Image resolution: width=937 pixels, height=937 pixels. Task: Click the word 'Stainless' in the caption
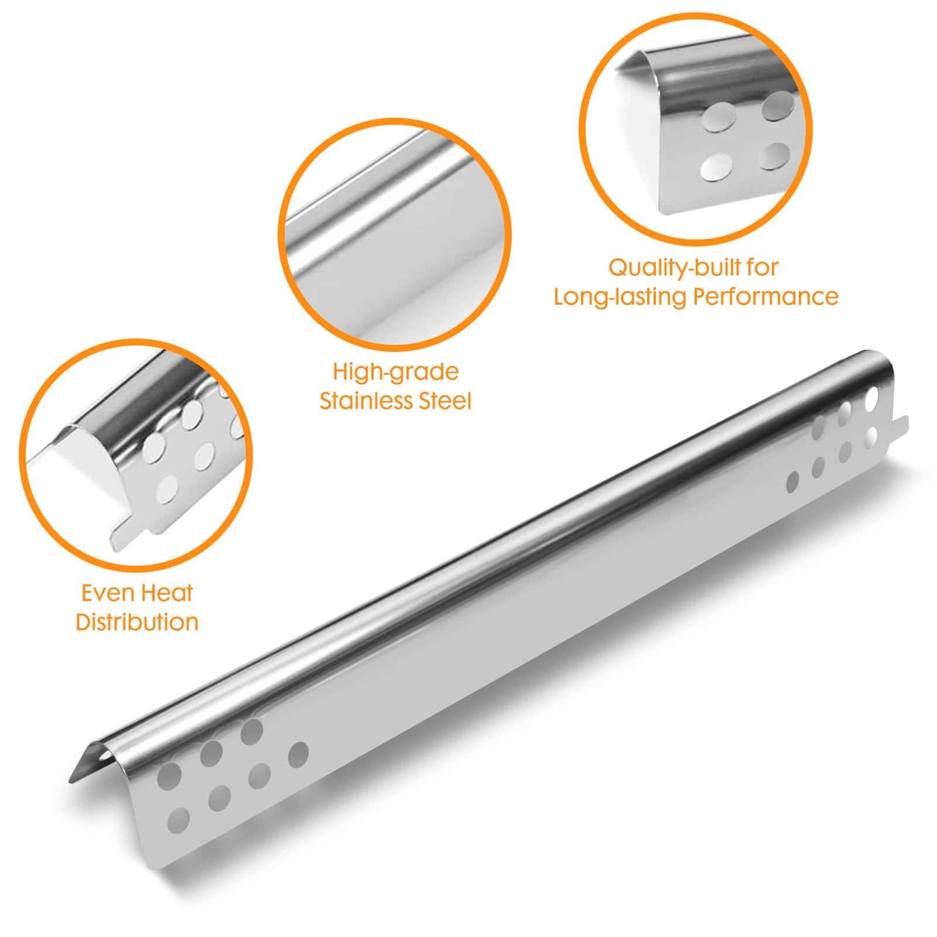point(361,402)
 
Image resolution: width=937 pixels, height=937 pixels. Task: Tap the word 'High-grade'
point(396,373)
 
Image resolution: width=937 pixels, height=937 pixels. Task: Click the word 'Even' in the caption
point(105,593)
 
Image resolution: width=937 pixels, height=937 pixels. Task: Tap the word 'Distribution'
point(137,622)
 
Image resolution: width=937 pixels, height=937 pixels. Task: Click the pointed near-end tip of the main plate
point(71,779)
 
